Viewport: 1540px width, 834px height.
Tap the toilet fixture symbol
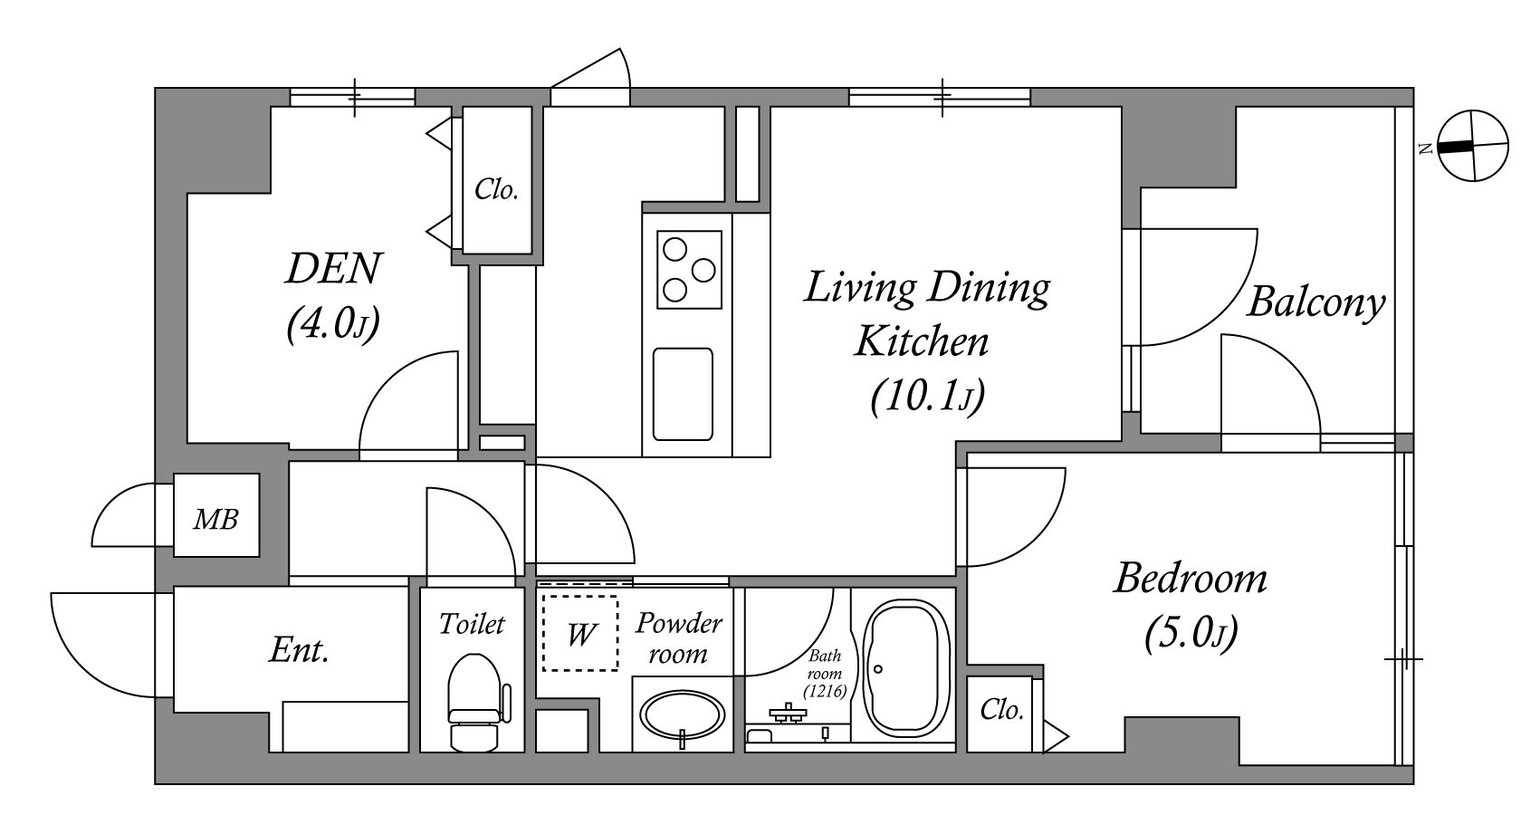tap(475, 702)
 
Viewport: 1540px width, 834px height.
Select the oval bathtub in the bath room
tap(906, 669)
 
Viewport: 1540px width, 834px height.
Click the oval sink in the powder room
tap(682, 715)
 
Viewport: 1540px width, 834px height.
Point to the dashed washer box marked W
tap(580, 633)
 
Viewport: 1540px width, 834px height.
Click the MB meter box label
tap(215, 519)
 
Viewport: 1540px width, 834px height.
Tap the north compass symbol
tap(1472, 146)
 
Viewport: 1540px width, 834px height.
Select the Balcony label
tap(1315, 303)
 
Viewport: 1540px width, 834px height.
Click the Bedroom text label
tap(1191, 579)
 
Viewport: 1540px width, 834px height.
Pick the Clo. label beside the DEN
tap(496, 189)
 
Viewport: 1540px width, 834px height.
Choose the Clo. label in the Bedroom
tap(1001, 710)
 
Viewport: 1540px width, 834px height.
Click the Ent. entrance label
tap(299, 649)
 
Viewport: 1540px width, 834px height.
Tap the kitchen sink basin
tap(683, 394)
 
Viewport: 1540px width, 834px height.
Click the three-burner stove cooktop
tap(689, 270)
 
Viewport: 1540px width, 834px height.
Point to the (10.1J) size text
tap(927, 397)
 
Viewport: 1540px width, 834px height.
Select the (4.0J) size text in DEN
tap(333, 323)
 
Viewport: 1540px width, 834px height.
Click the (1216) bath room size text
tap(825, 690)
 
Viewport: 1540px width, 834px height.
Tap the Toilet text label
tap(472, 624)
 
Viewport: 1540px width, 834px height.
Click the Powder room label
tap(679, 638)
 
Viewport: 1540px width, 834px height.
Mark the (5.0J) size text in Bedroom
tap(1191, 633)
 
